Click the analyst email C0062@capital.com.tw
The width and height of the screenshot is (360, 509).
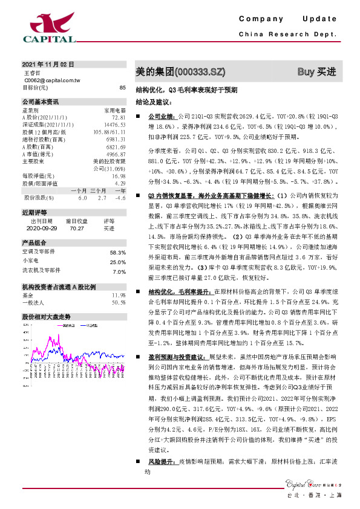point(52,80)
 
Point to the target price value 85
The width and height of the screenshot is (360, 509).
point(122,88)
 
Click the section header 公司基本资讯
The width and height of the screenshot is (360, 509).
point(41,102)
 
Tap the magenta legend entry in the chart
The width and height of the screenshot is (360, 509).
point(67,325)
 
